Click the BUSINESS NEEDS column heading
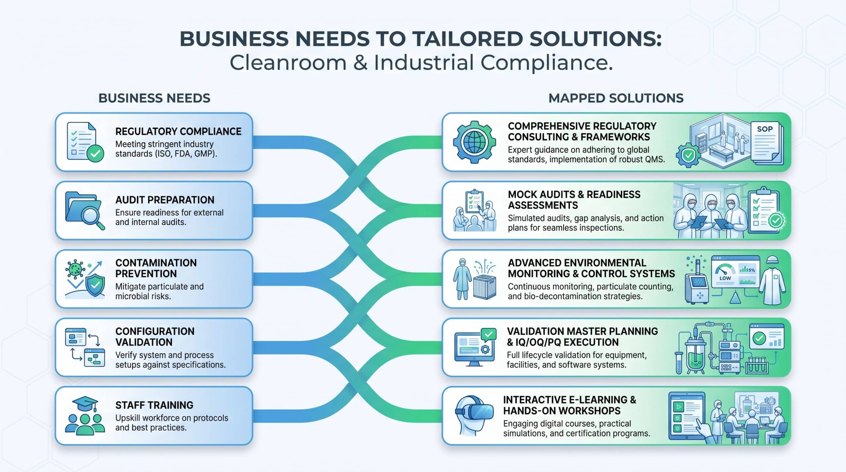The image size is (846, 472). [154, 98]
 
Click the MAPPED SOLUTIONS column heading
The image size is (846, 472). [616, 98]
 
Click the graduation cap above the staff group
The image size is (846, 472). [85, 404]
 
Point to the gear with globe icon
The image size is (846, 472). [474, 142]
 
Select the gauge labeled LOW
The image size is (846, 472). [725, 274]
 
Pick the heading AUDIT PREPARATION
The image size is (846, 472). [165, 200]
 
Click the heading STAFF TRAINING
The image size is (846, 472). [154, 405]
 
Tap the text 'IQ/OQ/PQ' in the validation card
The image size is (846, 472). [541, 342]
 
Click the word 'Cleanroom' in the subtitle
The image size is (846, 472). [288, 62]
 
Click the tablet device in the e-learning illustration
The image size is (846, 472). [687, 416]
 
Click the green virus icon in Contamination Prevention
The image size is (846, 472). [76, 268]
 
